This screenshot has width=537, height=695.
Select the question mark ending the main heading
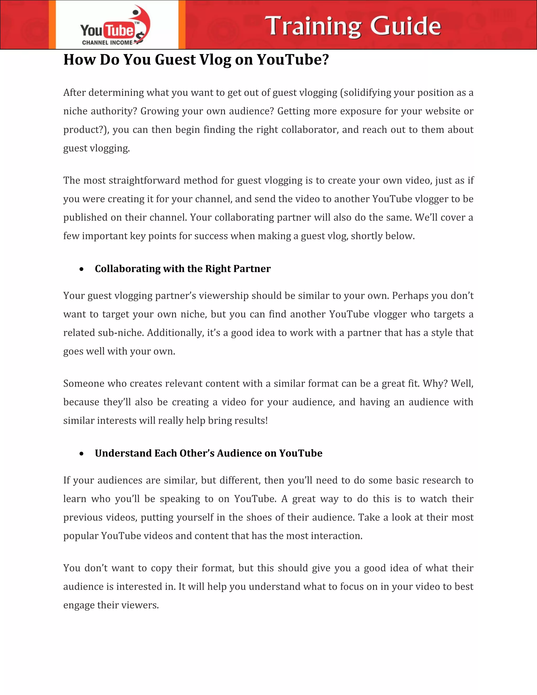point(325,60)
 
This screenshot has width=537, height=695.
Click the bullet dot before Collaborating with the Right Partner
point(82,269)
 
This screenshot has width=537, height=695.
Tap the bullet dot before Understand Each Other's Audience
point(82,454)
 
